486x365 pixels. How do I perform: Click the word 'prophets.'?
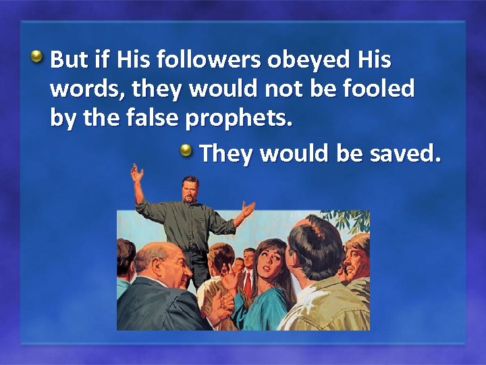pyautogui.click(x=239, y=120)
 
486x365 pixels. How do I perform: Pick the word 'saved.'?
pyautogui.click(x=405, y=153)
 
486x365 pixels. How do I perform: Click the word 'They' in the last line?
pyautogui.click(x=226, y=154)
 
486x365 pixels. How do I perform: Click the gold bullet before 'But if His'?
pyautogui.click(x=40, y=55)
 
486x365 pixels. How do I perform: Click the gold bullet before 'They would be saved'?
pyautogui.click(x=189, y=150)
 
